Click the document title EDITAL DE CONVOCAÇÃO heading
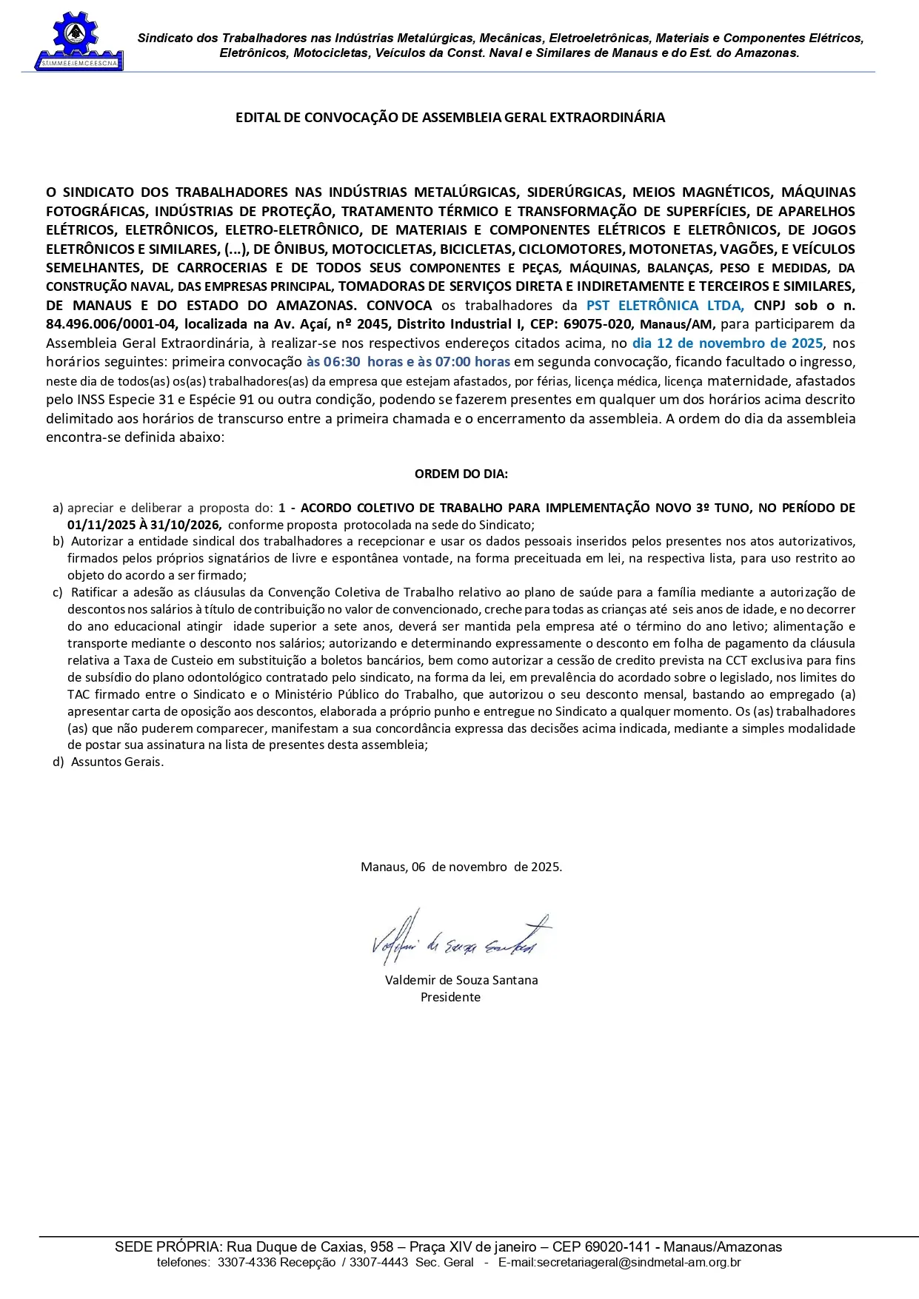pyautogui.click(x=450, y=118)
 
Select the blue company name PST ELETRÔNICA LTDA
pyautogui.click(x=664, y=306)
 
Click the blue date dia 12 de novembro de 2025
pyautogui.click(x=727, y=343)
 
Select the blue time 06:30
pyautogui.click(x=341, y=362)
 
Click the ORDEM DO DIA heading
pyautogui.click(x=461, y=474)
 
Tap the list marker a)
pyautogui.click(x=58, y=508)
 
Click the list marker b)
pyautogui.click(x=58, y=542)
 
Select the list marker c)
pyautogui.click(x=58, y=592)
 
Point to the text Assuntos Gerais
pyautogui.click(x=117, y=762)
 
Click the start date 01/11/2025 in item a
pyautogui.click(x=101, y=525)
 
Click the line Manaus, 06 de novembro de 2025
pyautogui.click(x=461, y=867)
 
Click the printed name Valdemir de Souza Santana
pyautogui.click(x=461, y=980)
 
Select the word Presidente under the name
pyautogui.click(x=450, y=997)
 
